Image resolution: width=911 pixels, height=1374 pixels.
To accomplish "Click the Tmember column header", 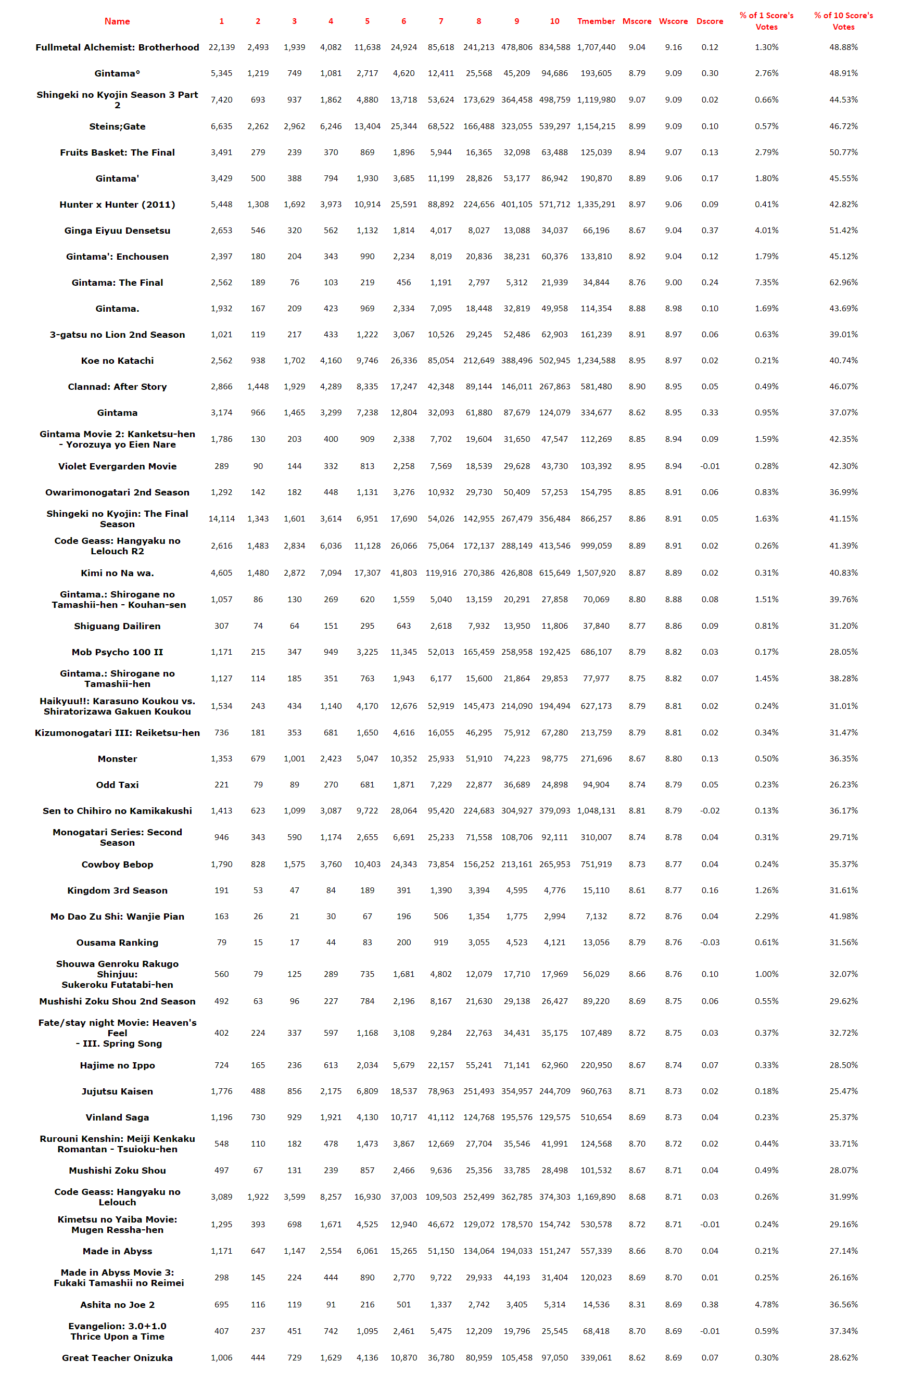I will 596,21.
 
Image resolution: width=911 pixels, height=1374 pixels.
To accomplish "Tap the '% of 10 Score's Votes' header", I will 843,21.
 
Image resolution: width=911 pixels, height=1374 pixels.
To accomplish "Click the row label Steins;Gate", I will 117,126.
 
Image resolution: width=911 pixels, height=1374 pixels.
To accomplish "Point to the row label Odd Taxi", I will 117,784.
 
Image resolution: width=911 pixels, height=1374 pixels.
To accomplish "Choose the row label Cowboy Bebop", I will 117,864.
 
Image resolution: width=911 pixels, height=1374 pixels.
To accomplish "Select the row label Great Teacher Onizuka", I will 117,1357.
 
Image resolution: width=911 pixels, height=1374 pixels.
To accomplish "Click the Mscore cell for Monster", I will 637,758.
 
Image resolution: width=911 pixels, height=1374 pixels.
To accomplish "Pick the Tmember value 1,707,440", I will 596,47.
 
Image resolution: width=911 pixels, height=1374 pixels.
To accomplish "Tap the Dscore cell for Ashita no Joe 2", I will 710,1304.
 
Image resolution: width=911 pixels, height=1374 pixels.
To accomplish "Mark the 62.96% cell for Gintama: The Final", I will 843,283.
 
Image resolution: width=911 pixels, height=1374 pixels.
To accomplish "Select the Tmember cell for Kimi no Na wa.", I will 596,572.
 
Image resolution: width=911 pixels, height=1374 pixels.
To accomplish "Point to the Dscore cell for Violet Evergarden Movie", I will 710,466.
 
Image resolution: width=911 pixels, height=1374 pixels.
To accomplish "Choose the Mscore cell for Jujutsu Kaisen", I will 637,1091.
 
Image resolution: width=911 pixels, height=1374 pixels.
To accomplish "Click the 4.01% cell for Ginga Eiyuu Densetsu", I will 766,231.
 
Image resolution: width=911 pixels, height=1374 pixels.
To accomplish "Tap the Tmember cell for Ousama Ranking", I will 596,943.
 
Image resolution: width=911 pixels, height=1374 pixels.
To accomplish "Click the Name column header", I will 117,21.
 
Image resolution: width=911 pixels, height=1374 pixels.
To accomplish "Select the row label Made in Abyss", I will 117,1251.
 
